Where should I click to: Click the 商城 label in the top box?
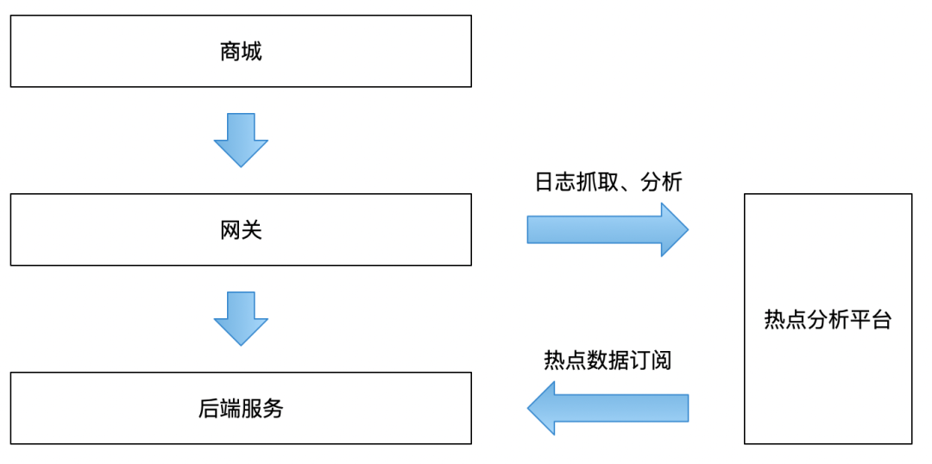241,52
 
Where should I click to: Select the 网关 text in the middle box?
241,230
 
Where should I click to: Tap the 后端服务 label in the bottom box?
241,409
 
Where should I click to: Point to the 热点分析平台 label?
828,320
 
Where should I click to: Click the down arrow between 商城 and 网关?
241,140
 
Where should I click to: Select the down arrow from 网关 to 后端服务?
241,318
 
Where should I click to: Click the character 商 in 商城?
230,52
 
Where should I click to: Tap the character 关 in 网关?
251,230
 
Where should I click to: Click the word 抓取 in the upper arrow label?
597,182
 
